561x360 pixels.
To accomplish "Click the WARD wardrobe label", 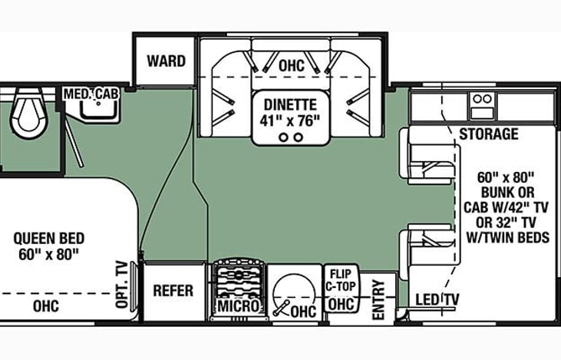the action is point(166,61).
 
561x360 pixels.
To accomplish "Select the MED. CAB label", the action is point(91,94).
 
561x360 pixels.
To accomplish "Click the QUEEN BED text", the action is point(49,238).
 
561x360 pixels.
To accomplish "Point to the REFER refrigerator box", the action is point(173,292).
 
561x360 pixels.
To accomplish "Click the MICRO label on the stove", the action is point(239,306).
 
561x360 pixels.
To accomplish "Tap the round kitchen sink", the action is point(294,295).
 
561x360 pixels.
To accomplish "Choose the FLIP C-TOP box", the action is point(341,289).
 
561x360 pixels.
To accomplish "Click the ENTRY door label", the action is point(378,300).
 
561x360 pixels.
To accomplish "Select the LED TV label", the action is point(437,299).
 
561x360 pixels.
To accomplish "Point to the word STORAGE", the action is point(489,134).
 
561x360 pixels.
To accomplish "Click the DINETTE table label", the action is point(290,104).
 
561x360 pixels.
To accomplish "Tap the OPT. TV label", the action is point(122,285).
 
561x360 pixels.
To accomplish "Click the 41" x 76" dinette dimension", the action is point(289,121).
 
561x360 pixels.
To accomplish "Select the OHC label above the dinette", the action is point(292,65).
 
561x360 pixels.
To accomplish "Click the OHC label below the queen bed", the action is point(46,306).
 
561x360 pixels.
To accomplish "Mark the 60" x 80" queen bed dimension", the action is point(48,254).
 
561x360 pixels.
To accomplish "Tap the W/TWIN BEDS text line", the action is point(508,237).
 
